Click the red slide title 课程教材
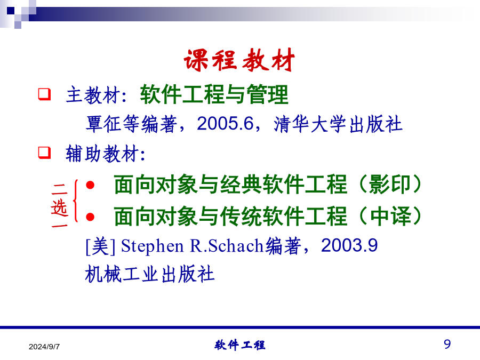coord(239,60)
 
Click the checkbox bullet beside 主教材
coord(44,94)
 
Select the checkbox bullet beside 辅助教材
coord(44,153)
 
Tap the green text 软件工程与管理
coord(214,94)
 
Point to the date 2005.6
coord(225,124)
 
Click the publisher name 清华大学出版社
coord(338,124)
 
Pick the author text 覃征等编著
coord(131,124)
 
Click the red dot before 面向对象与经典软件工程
coord(90,185)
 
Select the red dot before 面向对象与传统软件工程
coord(90,217)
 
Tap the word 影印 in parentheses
coord(389,185)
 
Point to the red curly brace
coord(75,201)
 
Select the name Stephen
coord(152,246)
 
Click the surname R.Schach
coord(227,246)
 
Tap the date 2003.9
coord(349,245)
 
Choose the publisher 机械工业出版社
coord(150,274)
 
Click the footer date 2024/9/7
coord(44,347)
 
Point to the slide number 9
coord(447,344)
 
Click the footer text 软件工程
coord(239,345)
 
